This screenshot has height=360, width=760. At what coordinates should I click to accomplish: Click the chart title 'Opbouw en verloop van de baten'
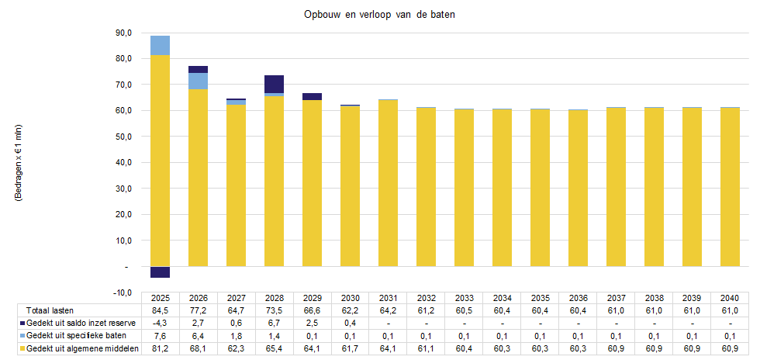tap(379, 16)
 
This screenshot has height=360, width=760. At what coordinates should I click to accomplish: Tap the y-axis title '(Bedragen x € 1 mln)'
tap(18, 163)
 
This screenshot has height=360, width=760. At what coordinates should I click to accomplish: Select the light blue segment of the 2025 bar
tap(161, 46)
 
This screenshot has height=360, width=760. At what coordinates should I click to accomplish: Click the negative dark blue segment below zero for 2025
tap(161, 272)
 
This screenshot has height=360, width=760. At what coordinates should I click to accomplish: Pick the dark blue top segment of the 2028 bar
tap(274, 84)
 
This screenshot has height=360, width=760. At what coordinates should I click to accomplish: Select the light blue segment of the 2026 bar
tap(199, 81)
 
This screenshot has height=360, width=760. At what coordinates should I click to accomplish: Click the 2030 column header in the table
tap(350, 298)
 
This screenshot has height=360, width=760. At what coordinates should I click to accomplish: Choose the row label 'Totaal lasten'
tap(47, 310)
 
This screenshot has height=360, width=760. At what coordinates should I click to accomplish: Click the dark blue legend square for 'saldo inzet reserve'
tap(22, 323)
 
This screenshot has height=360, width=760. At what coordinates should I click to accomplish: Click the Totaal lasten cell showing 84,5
tap(161, 310)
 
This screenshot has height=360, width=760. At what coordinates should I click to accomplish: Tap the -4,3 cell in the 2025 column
tap(161, 323)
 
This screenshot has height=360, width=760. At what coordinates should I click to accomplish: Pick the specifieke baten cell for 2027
tap(237, 336)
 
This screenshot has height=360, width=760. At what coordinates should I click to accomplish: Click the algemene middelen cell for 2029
tap(312, 349)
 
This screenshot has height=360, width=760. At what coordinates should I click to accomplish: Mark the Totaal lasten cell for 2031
tap(388, 310)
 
